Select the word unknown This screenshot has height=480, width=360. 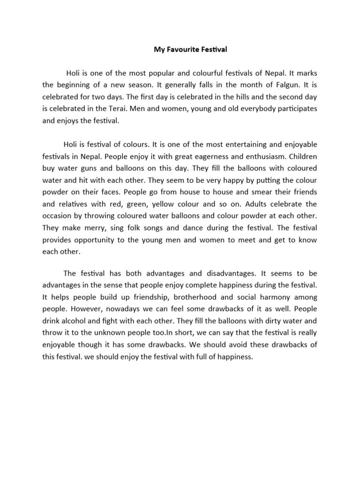[x=114, y=333]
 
